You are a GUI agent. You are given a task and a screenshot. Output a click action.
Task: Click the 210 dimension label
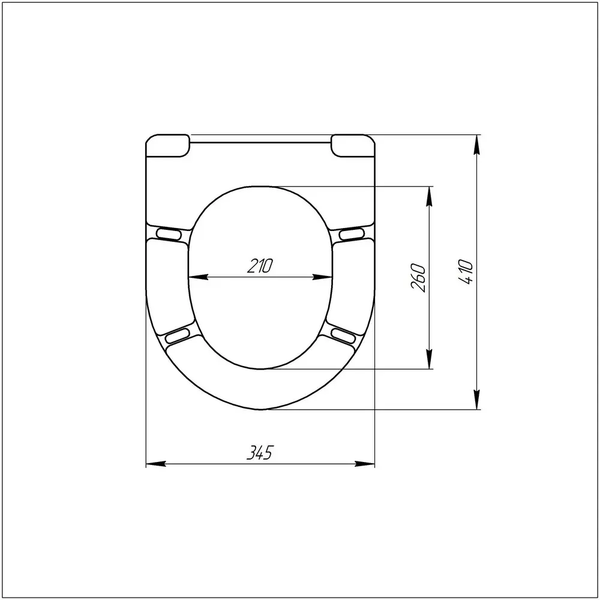pyautogui.click(x=260, y=266)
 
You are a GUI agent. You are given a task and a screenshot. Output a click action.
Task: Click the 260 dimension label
pyautogui.click(x=418, y=277)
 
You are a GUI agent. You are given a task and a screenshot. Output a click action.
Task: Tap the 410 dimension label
pyautogui.click(x=466, y=272)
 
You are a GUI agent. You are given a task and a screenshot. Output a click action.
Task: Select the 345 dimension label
pyautogui.click(x=260, y=452)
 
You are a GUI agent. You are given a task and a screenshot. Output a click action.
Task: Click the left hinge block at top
pyautogui.click(x=167, y=145)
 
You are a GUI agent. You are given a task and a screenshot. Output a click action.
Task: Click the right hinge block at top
pyautogui.click(x=353, y=145)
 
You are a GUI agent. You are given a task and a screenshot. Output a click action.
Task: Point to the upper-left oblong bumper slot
pyautogui.click(x=169, y=234)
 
